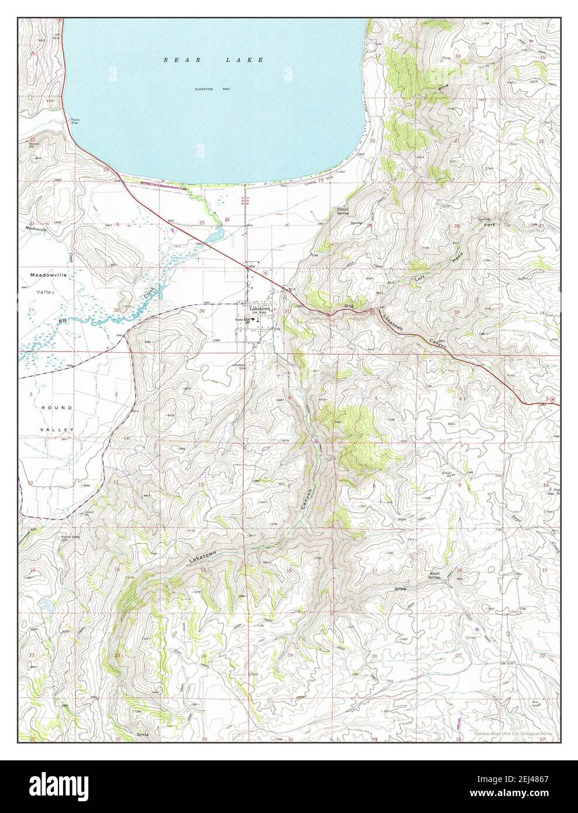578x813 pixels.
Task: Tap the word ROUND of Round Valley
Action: tap(57, 407)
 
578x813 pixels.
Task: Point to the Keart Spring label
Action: tap(433, 575)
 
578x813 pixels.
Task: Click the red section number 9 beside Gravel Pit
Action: tap(460, 485)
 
